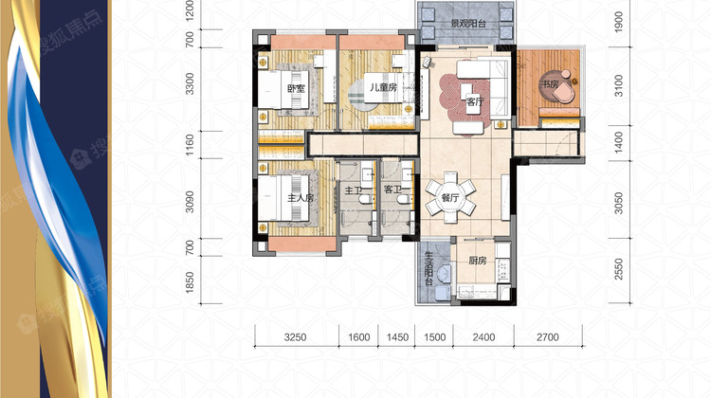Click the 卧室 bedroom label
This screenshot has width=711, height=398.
(x=296, y=88)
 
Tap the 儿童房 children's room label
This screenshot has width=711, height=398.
(x=384, y=87)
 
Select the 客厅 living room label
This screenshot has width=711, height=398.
(x=475, y=101)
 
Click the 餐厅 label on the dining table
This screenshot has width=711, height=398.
(x=450, y=198)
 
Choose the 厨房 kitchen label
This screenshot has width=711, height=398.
(x=478, y=261)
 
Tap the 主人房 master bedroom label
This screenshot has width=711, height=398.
(x=301, y=198)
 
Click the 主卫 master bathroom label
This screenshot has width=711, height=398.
(x=354, y=190)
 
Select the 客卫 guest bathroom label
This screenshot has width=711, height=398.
(x=392, y=190)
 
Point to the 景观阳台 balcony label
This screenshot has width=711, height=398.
(x=468, y=23)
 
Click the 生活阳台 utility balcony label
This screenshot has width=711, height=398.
(x=428, y=268)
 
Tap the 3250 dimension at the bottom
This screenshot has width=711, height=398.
(x=295, y=337)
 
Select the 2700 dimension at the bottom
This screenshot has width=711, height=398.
(x=547, y=337)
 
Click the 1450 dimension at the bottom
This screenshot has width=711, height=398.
(x=397, y=337)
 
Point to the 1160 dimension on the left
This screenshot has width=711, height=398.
(x=190, y=145)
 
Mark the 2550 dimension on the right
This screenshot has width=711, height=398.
(x=619, y=270)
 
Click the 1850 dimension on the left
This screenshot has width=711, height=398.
(x=190, y=282)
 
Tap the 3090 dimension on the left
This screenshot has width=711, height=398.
(x=190, y=202)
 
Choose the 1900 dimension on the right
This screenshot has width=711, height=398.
(x=619, y=21)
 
